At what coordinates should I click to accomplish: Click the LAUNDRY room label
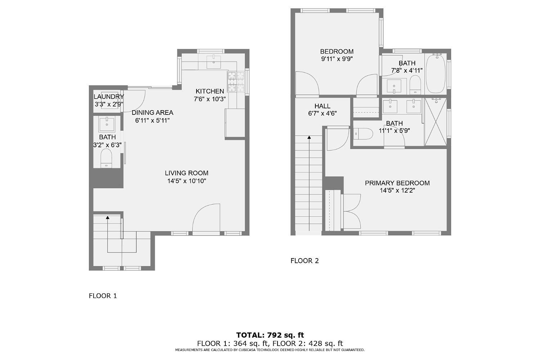click(108, 96)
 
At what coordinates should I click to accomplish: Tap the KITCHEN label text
click(210, 91)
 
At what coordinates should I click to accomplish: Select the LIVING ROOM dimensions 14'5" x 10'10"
click(186, 181)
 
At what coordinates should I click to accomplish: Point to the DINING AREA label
click(152, 112)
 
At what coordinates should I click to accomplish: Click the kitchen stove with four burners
click(235, 81)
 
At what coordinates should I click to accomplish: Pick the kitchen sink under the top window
click(214, 61)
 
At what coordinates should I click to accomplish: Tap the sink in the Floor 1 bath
click(107, 124)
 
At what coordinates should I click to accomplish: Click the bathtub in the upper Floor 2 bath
click(436, 74)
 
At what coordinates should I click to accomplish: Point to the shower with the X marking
click(436, 122)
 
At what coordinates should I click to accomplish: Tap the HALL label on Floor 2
click(322, 106)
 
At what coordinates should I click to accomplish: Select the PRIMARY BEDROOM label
click(397, 183)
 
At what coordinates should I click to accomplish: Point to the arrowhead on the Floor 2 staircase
click(309, 137)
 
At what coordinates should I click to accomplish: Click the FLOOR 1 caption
click(103, 296)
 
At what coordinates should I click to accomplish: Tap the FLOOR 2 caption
click(305, 261)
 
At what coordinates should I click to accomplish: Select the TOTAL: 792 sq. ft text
click(270, 336)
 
